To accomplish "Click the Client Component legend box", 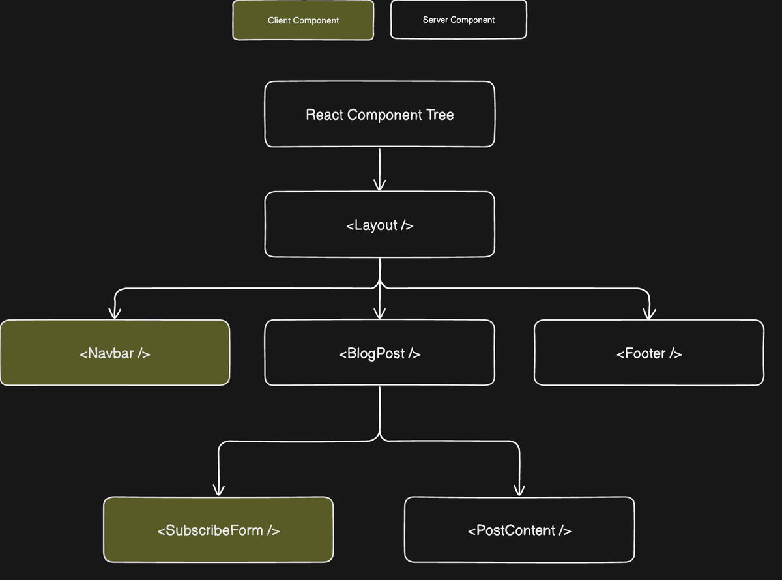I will pos(303,20).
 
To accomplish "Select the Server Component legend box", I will pos(458,20).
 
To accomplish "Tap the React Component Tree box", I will pos(379,114).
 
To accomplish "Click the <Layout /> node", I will pos(379,224).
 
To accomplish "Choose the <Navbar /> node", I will pos(115,353).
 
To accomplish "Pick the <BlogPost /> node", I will pos(379,353).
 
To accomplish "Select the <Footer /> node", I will pos(648,353).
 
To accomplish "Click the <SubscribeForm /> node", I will pos(218,529).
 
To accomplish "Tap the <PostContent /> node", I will pos(519,529).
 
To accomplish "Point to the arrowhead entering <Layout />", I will pos(379,186).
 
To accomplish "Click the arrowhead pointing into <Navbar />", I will pos(115,313).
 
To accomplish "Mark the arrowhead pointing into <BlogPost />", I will pos(379,313).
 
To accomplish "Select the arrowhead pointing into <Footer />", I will pos(648,313).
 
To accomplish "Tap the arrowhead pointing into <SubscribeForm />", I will pos(219,491).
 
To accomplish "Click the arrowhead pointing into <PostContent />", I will pos(519,491).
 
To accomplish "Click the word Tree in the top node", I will pos(440,115).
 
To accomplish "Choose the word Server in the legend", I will pos(435,20).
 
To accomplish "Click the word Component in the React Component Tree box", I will pos(384,115).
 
